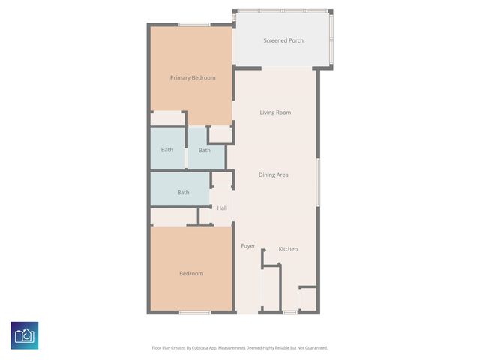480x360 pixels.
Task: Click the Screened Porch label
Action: [x=283, y=40]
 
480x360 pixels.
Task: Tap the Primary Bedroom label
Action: [x=193, y=78]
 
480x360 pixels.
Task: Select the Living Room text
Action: [x=275, y=112]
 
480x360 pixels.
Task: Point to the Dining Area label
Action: [x=274, y=175]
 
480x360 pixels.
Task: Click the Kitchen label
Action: [x=288, y=249]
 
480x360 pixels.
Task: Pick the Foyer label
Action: [x=248, y=246]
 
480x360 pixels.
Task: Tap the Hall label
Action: [x=222, y=208]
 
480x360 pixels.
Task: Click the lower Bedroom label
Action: [x=191, y=274]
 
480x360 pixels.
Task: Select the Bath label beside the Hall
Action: [x=183, y=193]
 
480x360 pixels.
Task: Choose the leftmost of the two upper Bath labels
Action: [x=166, y=150]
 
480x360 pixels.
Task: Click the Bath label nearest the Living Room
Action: [x=204, y=150]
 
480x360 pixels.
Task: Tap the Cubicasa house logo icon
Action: [x=25, y=335]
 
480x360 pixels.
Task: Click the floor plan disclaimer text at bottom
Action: [x=240, y=348]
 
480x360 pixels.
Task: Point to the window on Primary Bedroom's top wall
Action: [x=193, y=25]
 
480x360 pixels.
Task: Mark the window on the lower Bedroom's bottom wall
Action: [x=193, y=312]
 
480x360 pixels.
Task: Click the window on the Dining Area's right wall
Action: [x=318, y=182]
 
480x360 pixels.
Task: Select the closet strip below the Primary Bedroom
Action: [x=168, y=118]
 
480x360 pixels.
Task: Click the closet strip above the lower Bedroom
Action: [x=173, y=217]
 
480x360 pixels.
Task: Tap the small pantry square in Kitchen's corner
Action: [x=307, y=298]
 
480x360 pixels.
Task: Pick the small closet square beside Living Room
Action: [x=220, y=135]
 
